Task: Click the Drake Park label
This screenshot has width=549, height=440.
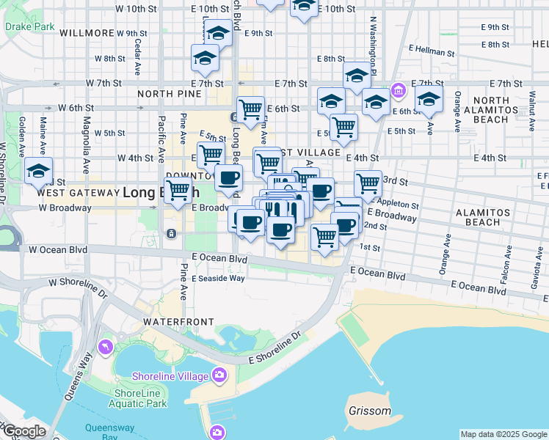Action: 29,26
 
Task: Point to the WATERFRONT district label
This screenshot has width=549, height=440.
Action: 178,322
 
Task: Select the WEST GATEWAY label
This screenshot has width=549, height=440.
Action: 77,193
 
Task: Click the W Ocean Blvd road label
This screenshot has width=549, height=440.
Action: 58,249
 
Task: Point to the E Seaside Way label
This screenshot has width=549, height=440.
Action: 218,278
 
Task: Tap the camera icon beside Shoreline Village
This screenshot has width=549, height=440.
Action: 219,375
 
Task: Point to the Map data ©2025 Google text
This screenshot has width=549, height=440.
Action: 503,434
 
